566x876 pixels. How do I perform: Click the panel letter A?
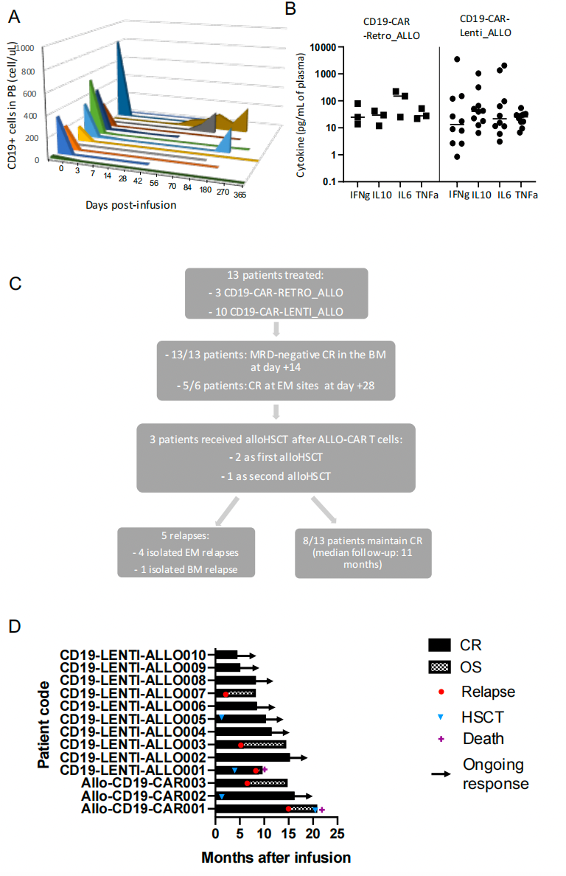point(14,17)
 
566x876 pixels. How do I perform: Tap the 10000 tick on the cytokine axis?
point(323,47)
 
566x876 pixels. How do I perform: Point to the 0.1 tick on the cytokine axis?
point(329,181)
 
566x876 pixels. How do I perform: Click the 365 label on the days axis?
point(240,195)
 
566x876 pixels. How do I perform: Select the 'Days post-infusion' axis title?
point(130,205)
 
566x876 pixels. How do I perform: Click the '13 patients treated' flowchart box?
point(276,293)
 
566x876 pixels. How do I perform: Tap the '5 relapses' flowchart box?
point(186,552)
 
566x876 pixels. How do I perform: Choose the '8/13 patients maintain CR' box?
point(363,553)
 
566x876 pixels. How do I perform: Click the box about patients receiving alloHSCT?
point(276,458)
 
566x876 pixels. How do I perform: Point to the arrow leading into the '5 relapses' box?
point(227,511)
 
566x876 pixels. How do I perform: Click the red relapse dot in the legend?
point(441,692)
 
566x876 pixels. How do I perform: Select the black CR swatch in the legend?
point(439,645)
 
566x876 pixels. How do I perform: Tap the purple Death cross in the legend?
point(441,739)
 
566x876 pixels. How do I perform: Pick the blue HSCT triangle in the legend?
point(441,717)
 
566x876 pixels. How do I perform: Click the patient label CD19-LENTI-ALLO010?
point(133,655)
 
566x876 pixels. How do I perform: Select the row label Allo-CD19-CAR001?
point(144,808)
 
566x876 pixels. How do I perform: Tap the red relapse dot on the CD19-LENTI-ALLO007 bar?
point(226,694)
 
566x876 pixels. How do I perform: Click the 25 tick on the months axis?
point(337,834)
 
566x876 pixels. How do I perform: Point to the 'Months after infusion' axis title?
point(276,858)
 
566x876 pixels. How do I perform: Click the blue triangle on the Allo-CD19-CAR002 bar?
point(222,796)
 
